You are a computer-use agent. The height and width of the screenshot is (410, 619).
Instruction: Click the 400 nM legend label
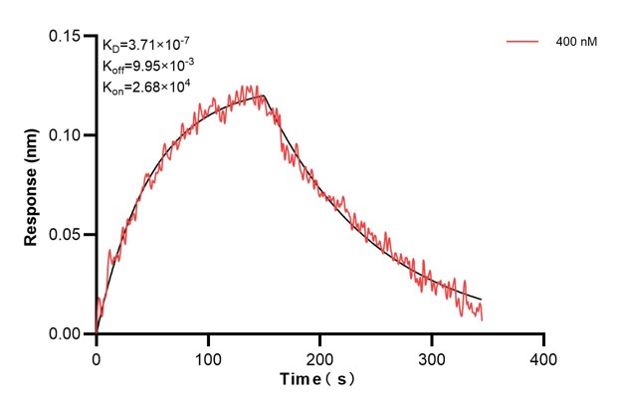[x=576, y=42]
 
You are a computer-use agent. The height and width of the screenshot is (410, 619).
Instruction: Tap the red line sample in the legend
[x=523, y=42]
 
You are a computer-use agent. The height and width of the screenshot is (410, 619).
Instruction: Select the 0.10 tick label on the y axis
[x=67, y=135]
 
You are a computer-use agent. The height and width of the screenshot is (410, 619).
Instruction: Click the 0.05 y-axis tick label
[x=67, y=235]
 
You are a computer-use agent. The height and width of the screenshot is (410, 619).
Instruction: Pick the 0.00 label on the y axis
[x=67, y=334]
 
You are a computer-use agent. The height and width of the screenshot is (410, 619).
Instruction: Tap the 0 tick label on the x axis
[x=97, y=355]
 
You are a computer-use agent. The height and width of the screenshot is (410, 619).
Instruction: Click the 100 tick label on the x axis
[x=208, y=355]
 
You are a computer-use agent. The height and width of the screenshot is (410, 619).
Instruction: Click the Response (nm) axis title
[x=32, y=188]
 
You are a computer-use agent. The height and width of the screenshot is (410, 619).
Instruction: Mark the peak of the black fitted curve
[x=264, y=96]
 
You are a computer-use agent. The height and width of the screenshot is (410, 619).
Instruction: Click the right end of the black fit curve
[x=483, y=300]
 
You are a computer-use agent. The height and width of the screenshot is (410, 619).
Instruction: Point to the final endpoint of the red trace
[x=483, y=320]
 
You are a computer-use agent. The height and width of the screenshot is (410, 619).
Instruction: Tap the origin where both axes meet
[x=97, y=334]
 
